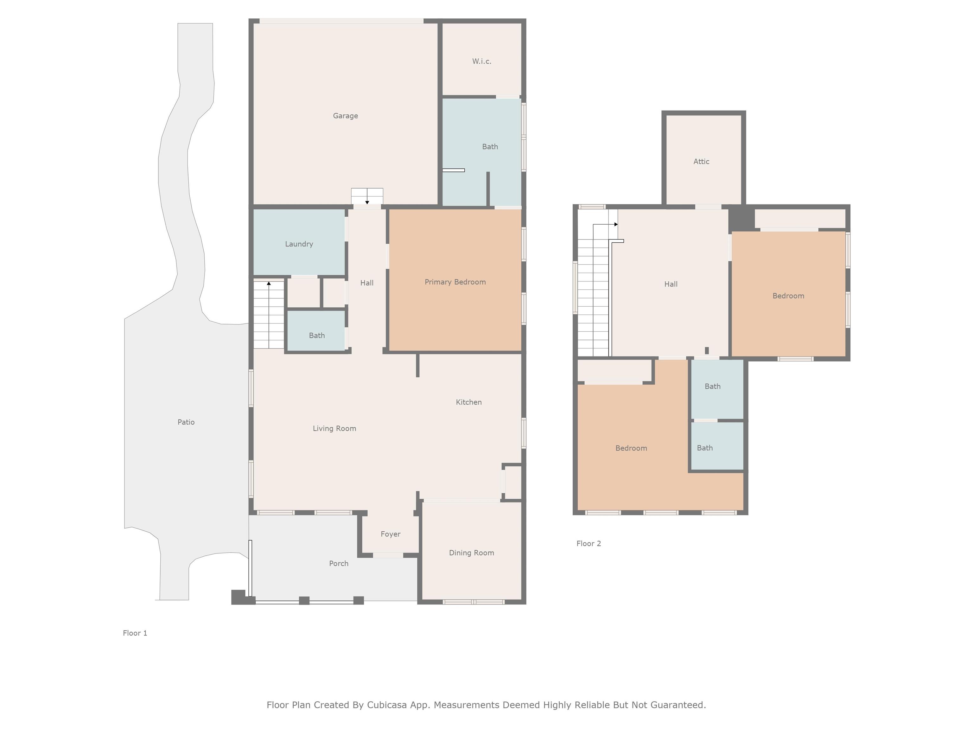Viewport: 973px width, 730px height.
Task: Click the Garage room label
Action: [x=345, y=116]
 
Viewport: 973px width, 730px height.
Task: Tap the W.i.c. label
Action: [x=482, y=61]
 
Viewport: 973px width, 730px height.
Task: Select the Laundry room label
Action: [x=299, y=244]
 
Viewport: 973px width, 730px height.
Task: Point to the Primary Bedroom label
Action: [x=455, y=282]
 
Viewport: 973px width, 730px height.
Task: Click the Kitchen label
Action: [x=469, y=402]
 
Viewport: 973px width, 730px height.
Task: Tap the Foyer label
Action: [x=391, y=534]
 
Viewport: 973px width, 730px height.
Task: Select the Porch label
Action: [x=339, y=564]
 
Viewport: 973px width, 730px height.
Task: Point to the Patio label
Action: [x=186, y=422]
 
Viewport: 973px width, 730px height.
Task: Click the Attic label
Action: [x=702, y=162]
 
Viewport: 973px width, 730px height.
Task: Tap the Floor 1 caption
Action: [x=135, y=633]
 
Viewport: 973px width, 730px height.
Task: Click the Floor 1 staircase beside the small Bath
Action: [x=269, y=315]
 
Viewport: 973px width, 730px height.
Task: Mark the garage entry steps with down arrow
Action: [x=367, y=196]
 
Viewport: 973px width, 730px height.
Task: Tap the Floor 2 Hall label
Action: [x=671, y=284]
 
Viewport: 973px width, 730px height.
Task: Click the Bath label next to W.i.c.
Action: [x=490, y=146]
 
